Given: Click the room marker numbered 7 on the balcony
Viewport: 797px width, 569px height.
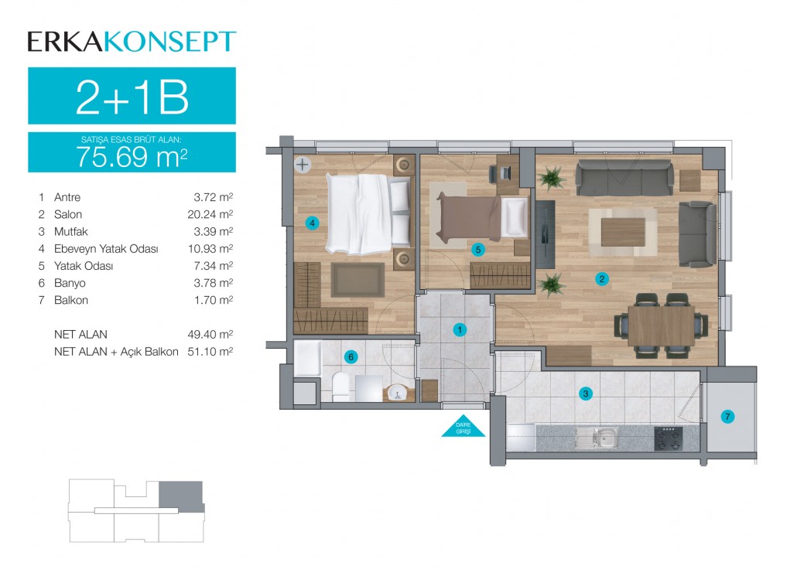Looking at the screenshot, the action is tap(727, 417).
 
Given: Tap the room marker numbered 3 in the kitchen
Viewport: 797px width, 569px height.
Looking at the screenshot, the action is tap(586, 394).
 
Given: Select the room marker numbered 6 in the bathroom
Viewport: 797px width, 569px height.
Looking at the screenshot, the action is tap(351, 356).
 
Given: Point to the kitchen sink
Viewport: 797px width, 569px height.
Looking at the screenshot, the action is tap(597, 438).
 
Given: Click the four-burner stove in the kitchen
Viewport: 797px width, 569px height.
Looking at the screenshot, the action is tap(669, 438).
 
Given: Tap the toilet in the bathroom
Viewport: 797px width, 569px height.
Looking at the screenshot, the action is tap(340, 387).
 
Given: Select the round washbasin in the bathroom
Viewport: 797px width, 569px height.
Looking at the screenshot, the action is tap(397, 392).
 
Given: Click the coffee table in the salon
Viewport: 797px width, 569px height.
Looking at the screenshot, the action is tap(623, 232).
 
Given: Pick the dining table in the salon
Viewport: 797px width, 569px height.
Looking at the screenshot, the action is tap(662, 325).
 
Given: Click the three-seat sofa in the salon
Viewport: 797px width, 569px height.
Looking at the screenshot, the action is tap(624, 178).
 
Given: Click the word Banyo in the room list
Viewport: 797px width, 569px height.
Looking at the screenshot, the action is tap(70, 283).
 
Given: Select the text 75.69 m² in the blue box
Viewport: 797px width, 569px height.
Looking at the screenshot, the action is tap(132, 156).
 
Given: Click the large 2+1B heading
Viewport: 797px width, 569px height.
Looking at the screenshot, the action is tap(132, 97).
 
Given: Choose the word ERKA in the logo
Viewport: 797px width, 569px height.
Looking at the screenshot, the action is tap(66, 43).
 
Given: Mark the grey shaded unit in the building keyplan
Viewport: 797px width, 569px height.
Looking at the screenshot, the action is tap(182, 495).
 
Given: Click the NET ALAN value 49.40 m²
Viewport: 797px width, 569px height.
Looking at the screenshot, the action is tap(210, 334).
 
